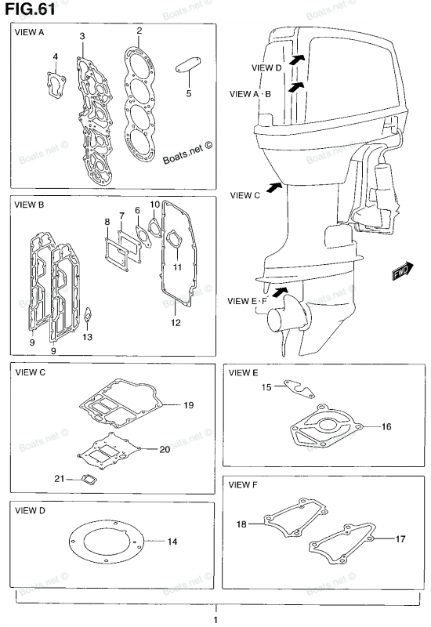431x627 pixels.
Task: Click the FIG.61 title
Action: pos(30,9)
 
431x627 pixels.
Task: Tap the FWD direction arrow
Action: pos(403,271)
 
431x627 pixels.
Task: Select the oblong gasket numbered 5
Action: pos(188,65)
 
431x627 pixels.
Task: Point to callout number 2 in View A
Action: pos(139,31)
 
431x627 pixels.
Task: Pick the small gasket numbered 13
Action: pos(88,316)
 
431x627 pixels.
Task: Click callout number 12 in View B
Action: pos(176,323)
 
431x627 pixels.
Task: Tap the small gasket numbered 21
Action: pos(89,479)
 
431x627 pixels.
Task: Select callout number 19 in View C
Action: pos(189,405)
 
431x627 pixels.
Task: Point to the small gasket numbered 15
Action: pos(299,388)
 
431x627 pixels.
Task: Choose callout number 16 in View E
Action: pos(386,426)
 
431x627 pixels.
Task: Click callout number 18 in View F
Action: pos(241,524)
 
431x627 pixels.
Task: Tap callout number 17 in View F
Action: pos(400,539)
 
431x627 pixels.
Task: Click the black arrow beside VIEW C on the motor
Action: pos(273,187)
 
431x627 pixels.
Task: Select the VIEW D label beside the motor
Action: pos(266,67)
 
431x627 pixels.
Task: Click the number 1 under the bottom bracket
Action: pos(215,620)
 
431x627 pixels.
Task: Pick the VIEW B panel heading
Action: pos(29,205)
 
